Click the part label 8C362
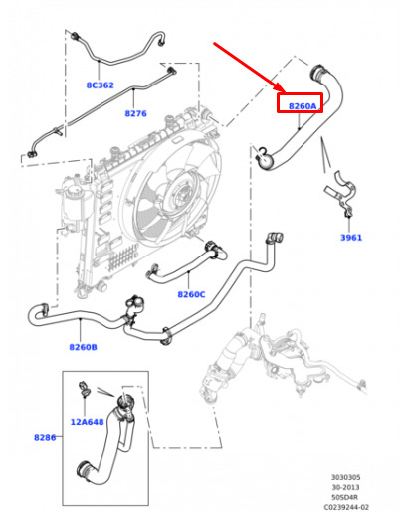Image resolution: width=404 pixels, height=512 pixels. pos(101,85)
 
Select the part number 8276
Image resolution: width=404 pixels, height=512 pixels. pos(135,113)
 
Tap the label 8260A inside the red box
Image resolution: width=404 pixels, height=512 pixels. pos(303,106)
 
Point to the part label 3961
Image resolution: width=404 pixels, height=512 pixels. pos(351,238)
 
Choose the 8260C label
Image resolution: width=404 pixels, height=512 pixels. pos(191,294)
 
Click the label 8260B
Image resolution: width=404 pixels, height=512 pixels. pos(83,347)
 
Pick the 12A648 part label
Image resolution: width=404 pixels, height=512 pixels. pos(87,422)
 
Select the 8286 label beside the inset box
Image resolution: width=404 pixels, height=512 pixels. pos(45,437)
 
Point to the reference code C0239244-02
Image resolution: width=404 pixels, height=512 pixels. pos(346,507)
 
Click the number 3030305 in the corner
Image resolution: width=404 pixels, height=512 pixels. pos(346,477)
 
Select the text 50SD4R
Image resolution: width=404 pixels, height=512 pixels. pos(345,497)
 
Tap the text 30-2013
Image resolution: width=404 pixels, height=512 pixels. pos(345,487)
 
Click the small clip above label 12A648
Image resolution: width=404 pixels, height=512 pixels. pos(84,389)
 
